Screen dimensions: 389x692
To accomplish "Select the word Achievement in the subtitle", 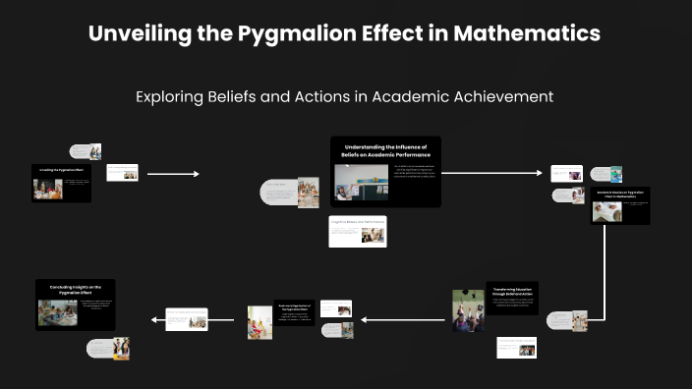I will tap(496, 96).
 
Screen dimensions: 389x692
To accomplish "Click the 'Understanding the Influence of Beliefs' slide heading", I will tap(385, 150).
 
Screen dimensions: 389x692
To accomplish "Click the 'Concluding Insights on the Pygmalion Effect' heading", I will tap(76, 290).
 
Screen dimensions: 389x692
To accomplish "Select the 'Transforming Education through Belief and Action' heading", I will tap(512, 291).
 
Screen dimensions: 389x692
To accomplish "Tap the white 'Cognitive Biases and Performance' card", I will tap(358, 232).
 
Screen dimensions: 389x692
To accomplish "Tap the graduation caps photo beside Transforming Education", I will tap(468, 309).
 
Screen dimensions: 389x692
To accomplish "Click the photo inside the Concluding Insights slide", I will tap(57, 313).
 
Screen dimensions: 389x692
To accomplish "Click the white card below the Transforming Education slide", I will tap(516, 347).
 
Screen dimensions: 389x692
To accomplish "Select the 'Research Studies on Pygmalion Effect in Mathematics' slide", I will tap(619, 206).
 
